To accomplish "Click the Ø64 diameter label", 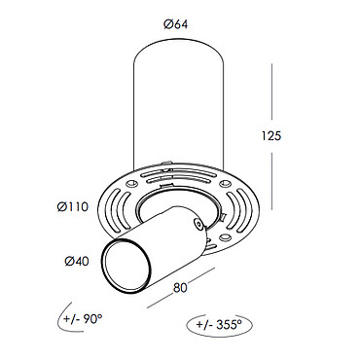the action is click(175, 24).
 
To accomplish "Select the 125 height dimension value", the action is click(271, 136).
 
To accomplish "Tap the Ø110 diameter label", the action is click(73, 206).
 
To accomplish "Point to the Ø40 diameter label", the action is click(77, 261).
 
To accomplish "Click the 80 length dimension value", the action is click(180, 288).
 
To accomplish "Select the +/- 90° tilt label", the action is click(83, 319).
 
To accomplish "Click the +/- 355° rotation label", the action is click(219, 324).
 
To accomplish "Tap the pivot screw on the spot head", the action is click(197, 223).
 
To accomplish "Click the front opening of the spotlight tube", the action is click(126, 267).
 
